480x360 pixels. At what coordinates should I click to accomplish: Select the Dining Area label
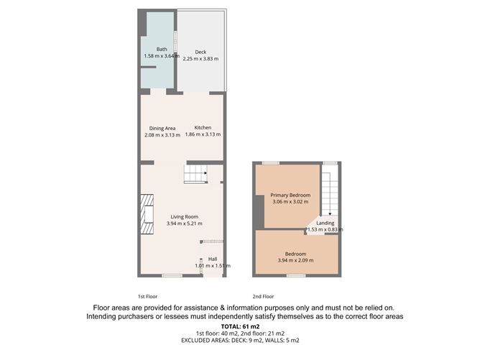coord(162,128)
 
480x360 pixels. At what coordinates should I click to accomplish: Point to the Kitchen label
coord(202,128)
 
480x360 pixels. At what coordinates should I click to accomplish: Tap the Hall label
coord(213,259)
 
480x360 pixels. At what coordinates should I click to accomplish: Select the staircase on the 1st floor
coord(195,173)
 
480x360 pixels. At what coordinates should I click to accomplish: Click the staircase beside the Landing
coord(329,191)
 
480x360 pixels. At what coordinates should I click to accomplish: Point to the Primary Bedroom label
coord(290,195)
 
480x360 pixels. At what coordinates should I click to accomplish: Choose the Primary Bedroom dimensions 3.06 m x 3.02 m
coord(290,202)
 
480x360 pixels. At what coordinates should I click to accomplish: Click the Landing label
coord(325,223)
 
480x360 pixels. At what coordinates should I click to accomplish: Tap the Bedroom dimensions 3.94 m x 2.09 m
coord(296,260)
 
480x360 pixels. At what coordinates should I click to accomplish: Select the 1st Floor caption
coord(147,296)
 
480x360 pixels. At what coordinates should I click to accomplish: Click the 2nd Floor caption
coord(263,296)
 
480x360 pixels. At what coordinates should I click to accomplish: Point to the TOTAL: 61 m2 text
coord(239,327)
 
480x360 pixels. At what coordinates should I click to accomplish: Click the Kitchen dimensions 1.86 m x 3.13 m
coord(202,134)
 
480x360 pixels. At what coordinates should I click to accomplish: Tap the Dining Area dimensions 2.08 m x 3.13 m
coord(162,134)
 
